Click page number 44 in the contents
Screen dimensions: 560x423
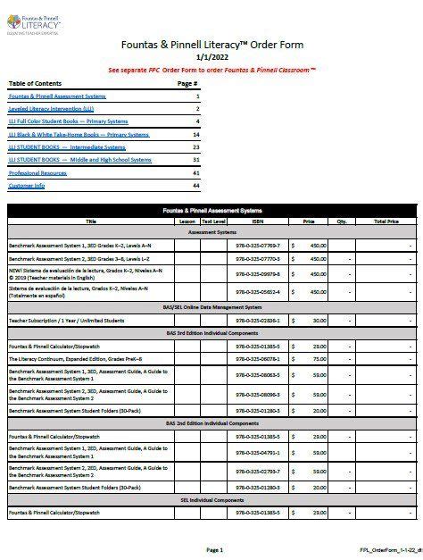(x=196, y=186)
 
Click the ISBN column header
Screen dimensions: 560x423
(x=258, y=220)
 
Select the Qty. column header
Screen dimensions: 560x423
(x=341, y=220)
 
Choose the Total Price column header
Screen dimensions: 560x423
(x=386, y=220)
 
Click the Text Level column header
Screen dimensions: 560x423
(x=214, y=220)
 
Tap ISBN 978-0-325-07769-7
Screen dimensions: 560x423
(x=258, y=244)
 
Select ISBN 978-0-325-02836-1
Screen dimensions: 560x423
(x=258, y=319)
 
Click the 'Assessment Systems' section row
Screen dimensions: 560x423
(x=211, y=231)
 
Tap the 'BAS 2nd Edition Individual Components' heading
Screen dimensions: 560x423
(x=211, y=422)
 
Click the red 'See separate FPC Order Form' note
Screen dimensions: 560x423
(x=212, y=69)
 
